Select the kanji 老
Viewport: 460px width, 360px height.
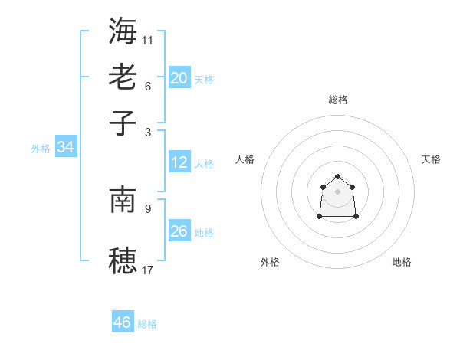[x=123, y=77]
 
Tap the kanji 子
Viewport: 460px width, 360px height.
[x=123, y=123]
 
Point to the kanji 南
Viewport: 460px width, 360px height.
[x=123, y=199]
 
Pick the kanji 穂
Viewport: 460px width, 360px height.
[x=123, y=261]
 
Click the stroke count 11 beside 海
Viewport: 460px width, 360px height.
[x=148, y=39]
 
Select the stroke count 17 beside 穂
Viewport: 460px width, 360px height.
[x=148, y=270]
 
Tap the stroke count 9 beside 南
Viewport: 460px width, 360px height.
[x=148, y=208]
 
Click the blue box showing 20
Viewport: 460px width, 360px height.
[x=179, y=77]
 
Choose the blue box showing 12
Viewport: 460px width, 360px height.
[x=179, y=162]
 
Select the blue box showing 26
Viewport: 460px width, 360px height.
[x=179, y=231]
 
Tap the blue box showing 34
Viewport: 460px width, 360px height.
[x=65, y=147]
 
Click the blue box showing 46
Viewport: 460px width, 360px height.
[x=123, y=322]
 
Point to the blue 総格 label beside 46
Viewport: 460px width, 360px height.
[x=147, y=324]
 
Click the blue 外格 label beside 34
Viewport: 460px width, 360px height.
[x=41, y=149]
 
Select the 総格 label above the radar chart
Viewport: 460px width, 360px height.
[x=338, y=100]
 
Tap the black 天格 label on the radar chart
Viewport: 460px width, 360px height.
[x=431, y=159]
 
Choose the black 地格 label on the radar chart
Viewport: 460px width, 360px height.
[x=402, y=262]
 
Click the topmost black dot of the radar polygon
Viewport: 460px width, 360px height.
[x=338, y=177]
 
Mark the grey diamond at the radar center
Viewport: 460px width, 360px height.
[x=338, y=191]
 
